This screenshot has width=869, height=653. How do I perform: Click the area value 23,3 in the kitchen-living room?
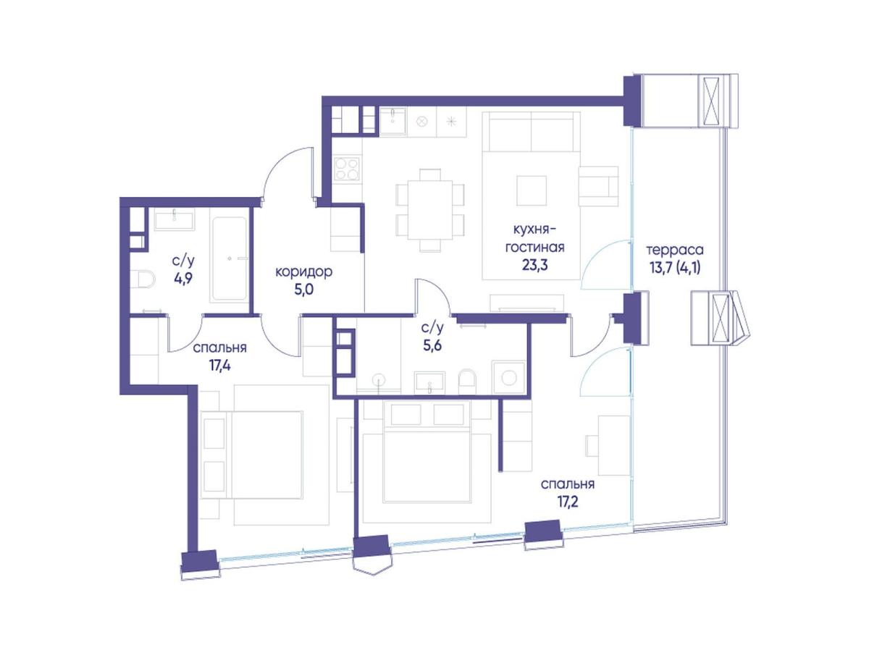(x=535, y=265)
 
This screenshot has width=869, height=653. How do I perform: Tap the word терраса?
(x=675, y=250)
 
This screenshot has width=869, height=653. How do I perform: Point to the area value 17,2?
(x=567, y=503)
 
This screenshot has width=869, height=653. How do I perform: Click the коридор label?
(x=303, y=272)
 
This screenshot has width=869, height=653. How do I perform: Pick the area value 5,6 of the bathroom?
(x=432, y=346)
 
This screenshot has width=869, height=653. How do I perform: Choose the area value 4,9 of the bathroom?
(x=183, y=279)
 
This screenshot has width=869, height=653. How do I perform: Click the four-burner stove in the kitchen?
(x=347, y=169)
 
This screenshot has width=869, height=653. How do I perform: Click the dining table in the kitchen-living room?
(x=430, y=210)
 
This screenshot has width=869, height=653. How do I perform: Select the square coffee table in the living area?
(x=532, y=190)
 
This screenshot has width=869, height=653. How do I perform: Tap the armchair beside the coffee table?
(x=598, y=186)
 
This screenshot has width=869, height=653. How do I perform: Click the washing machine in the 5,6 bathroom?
(x=509, y=377)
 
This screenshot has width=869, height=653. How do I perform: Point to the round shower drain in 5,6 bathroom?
(x=379, y=379)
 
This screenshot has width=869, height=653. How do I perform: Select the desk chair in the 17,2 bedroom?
(x=592, y=445)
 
